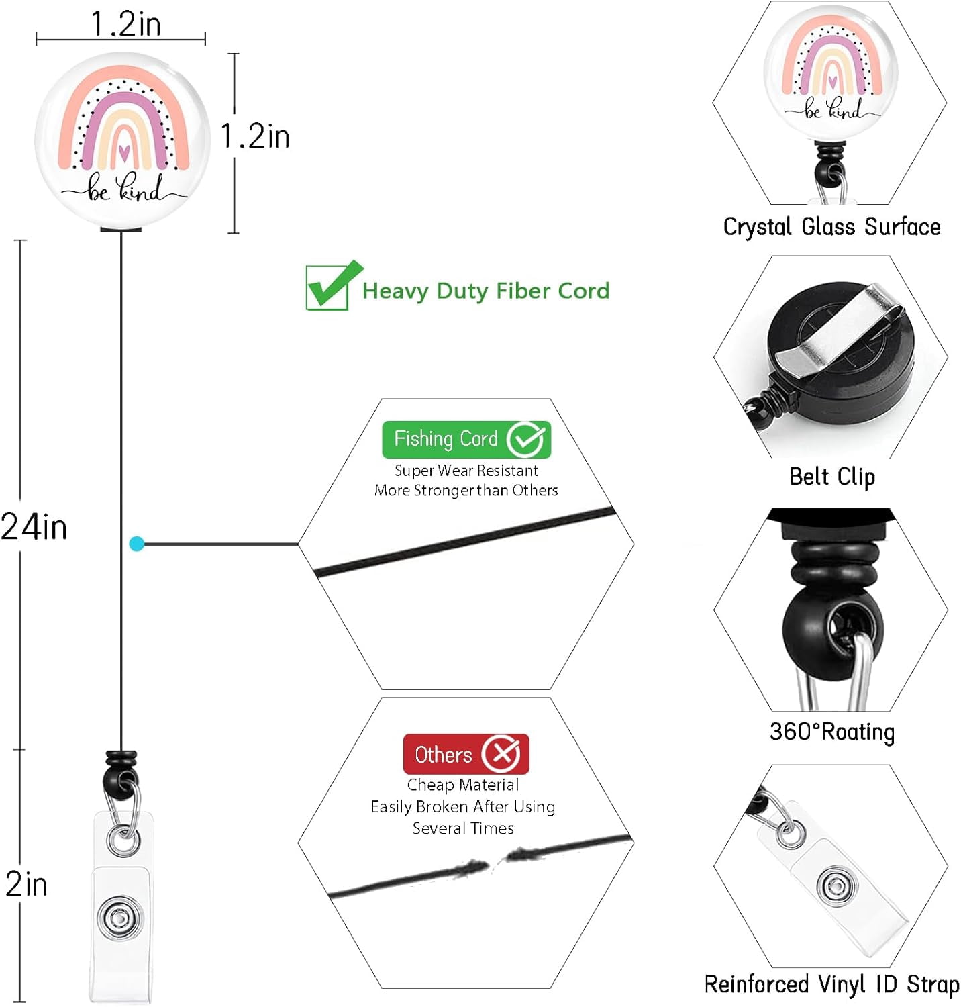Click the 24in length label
coord(34,527)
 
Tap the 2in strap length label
coord(27,884)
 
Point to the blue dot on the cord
coord(137,544)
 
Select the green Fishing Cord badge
coord(466,439)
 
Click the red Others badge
coord(466,754)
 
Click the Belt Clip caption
coord(832,477)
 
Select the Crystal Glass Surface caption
coord(832,226)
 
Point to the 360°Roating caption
coord(832,731)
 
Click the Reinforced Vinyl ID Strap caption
coord(832,984)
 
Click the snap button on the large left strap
coord(119,917)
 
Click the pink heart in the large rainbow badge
coord(123,152)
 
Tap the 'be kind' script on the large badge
coord(124,189)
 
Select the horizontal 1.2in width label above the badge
coord(126,24)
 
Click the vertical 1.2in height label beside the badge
coord(256,136)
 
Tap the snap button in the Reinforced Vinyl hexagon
coord(836,886)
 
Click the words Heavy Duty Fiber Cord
coord(487,291)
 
